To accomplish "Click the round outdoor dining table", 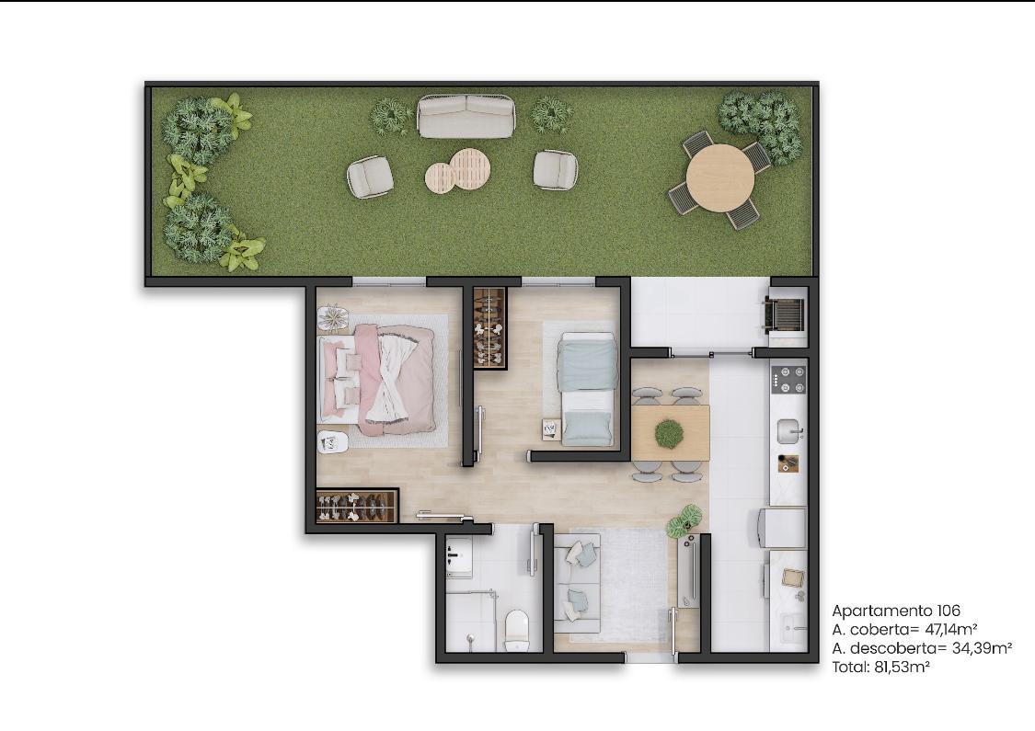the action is click(x=719, y=177).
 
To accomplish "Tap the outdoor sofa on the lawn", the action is click(x=466, y=116).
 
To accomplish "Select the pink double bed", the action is click(x=377, y=380).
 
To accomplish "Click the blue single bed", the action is click(x=587, y=388).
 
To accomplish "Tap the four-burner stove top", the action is click(x=788, y=380).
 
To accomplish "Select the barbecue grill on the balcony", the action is click(x=784, y=313).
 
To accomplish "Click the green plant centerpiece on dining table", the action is click(x=670, y=433).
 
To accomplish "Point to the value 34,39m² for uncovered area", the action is click(x=982, y=648).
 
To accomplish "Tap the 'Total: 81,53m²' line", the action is click(x=880, y=667).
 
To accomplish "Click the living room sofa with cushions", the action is click(x=576, y=584).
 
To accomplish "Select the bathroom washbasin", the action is click(x=459, y=557).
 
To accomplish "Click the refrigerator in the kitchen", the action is click(x=784, y=528).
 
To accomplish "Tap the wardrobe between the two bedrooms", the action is click(x=489, y=328).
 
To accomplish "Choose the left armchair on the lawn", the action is click(x=371, y=177).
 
